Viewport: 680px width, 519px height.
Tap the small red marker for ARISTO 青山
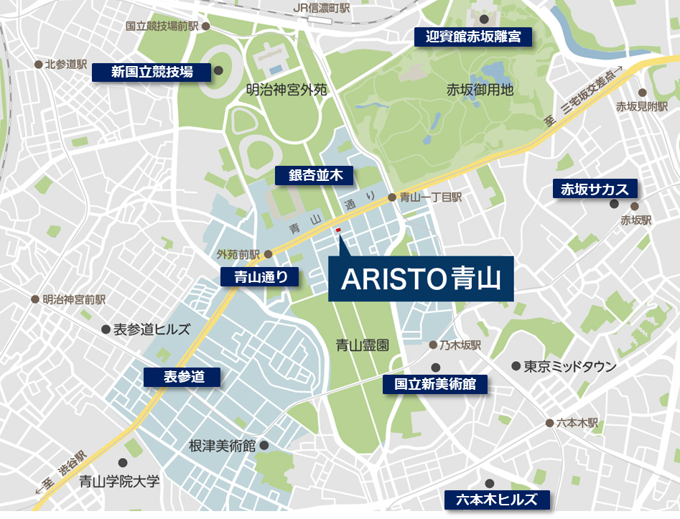[338, 230]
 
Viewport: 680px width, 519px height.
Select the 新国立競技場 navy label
[152, 72]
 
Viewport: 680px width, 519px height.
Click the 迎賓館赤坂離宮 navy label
[473, 37]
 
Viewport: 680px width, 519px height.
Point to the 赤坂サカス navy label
[594, 189]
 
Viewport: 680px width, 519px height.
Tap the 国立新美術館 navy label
[435, 384]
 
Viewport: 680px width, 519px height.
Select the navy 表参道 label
[183, 377]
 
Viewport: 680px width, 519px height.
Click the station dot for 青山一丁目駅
[392, 197]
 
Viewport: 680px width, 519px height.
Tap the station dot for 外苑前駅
[268, 254]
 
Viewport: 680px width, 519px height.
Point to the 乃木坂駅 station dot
[433, 345]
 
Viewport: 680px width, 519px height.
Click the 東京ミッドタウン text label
[570, 366]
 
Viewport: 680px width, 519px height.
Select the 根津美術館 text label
[222, 445]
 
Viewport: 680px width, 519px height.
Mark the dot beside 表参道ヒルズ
[106, 329]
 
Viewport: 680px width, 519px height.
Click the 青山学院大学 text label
[119, 481]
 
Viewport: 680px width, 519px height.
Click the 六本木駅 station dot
[550, 423]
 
